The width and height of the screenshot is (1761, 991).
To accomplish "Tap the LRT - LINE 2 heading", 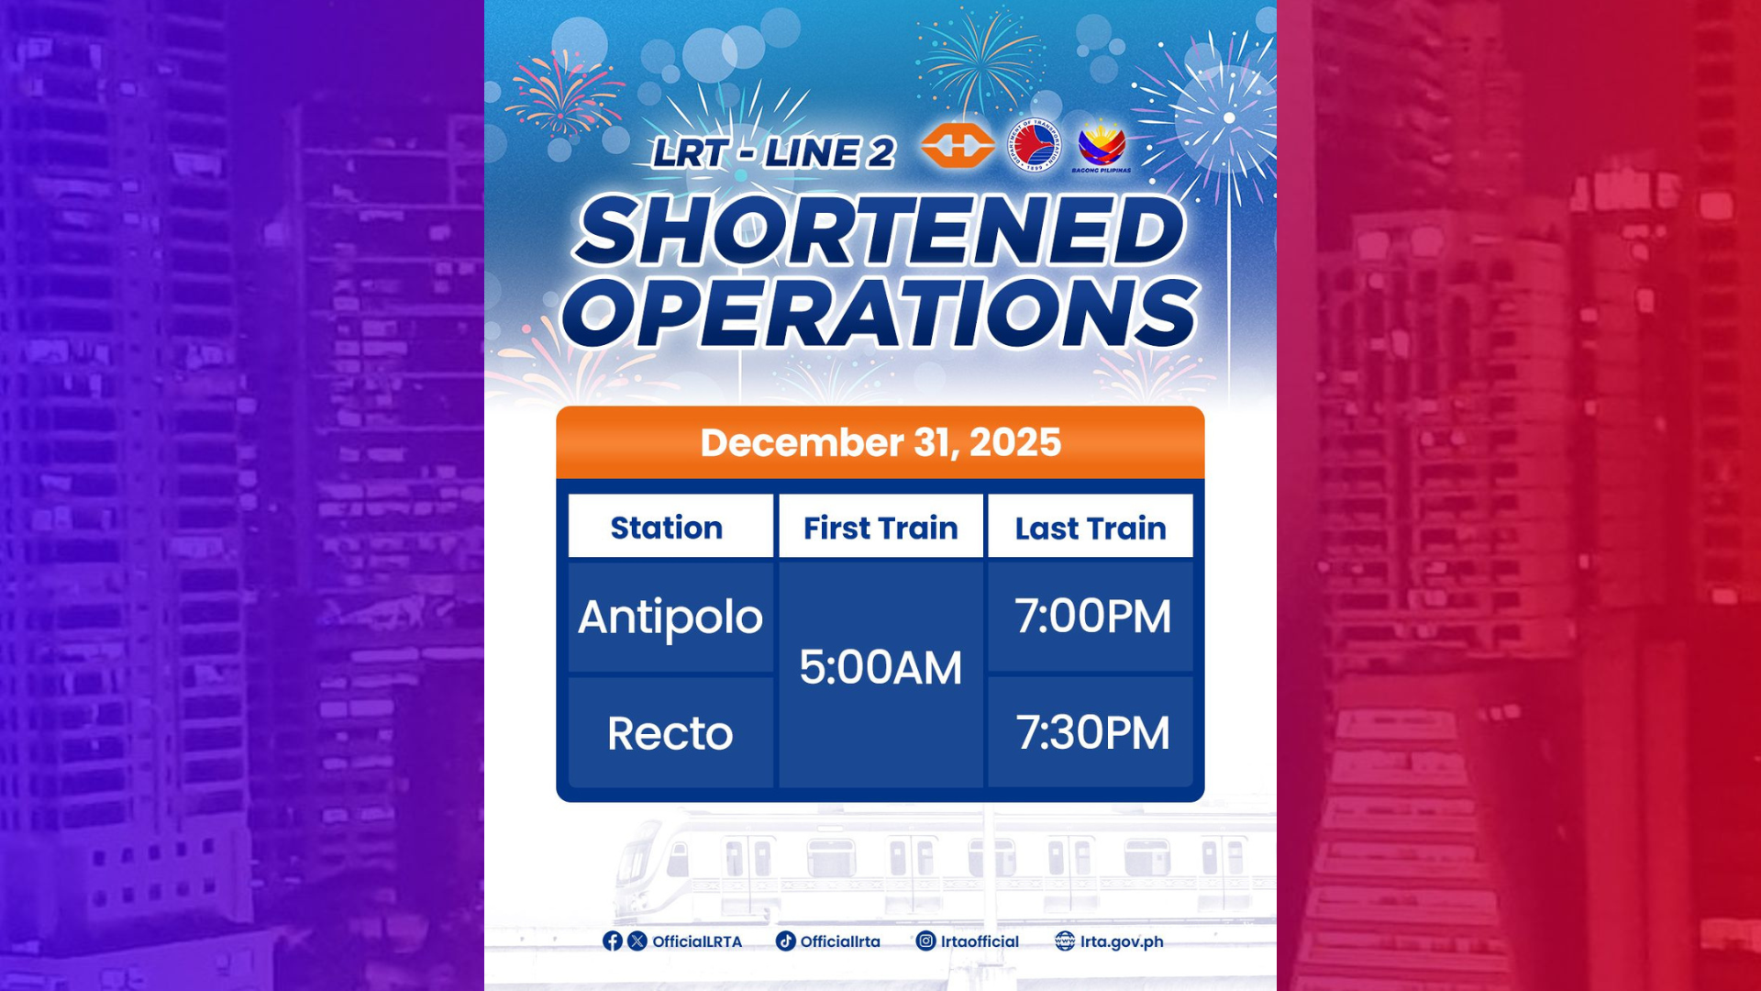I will (x=773, y=153).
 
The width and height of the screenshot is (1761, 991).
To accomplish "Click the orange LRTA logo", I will (x=957, y=145).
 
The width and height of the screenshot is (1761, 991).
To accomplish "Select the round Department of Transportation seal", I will (x=1034, y=145).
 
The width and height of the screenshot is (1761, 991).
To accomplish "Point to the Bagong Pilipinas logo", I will (x=1102, y=147).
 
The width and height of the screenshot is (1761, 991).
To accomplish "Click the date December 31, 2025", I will (x=880, y=442).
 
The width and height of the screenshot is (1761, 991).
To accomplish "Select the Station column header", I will (x=667, y=528).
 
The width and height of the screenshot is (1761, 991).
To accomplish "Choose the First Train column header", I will (x=880, y=528).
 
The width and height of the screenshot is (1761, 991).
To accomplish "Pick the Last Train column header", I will (x=1091, y=528).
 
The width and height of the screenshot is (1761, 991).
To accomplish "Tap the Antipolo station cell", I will (x=670, y=617).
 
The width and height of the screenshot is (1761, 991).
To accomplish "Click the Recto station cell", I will (x=670, y=733).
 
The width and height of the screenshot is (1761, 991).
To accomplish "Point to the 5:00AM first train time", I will (x=880, y=667).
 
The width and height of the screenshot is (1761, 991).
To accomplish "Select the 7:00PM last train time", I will (x=1092, y=616).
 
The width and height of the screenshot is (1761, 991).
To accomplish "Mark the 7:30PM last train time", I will (x=1092, y=732).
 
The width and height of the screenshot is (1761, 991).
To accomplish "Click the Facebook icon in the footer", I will (x=613, y=941).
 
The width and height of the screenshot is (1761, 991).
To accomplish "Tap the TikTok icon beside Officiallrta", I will (x=786, y=941).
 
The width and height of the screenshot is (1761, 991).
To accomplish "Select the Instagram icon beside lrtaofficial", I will (x=926, y=941).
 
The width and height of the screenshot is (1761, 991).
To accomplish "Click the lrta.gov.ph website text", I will (x=1122, y=941).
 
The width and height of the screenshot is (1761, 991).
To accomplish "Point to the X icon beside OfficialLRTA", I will (x=637, y=941).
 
